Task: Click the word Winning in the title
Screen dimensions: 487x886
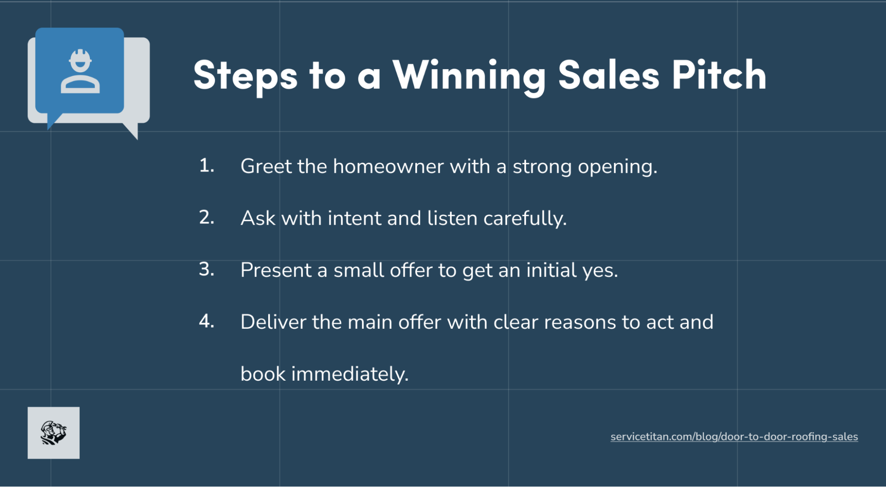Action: click(469, 75)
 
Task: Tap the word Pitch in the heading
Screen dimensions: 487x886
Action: click(719, 75)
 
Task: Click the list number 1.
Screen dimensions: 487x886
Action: click(206, 166)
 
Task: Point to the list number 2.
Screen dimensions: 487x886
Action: click(207, 218)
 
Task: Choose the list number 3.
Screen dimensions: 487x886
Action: click(207, 269)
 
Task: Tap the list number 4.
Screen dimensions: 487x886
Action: click(207, 321)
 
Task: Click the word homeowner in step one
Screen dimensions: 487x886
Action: click(388, 167)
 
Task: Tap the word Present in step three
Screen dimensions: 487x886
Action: click(276, 270)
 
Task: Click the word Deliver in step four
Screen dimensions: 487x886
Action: click(273, 322)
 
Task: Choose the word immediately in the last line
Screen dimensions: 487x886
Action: click(349, 374)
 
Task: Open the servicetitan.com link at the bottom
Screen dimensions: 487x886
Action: click(734, 437)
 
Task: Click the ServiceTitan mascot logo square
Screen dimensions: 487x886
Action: click(54, 432)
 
